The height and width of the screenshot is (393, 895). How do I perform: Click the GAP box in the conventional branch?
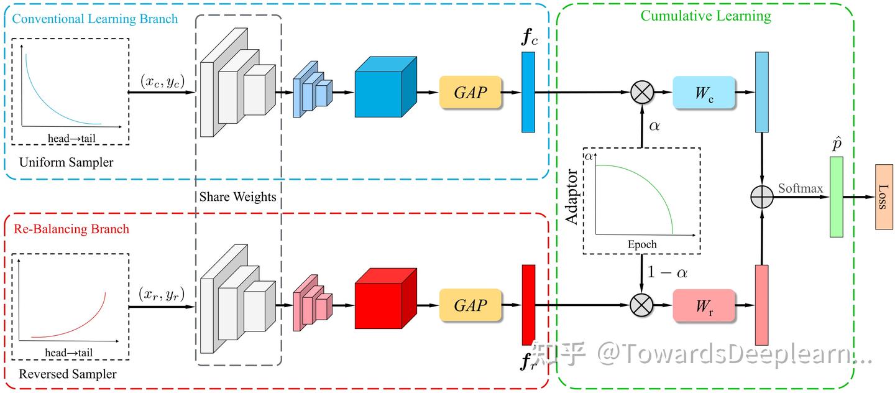(470, 93)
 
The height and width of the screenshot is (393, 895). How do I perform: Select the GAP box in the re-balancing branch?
(470, 305)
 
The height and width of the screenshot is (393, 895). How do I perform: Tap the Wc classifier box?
(704, 93)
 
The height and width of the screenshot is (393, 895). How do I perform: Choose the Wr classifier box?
(704, 305)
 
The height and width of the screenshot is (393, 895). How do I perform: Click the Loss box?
(884, 196)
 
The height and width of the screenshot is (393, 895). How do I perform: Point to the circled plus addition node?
(762, 196)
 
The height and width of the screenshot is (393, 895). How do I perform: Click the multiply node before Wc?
(642, 93)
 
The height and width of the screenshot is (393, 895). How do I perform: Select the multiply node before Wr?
(641, 305)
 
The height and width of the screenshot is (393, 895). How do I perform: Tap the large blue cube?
(385, 87)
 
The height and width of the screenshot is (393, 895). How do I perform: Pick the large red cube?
(385, 298)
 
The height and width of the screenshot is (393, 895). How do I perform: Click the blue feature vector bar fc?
(528, 92)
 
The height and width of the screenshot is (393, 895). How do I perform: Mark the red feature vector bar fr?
(528, 305)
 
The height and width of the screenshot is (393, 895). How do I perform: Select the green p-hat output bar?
(837, 196)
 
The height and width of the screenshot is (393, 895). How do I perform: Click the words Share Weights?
(237, 196)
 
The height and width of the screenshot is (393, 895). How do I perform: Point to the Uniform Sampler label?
(66, 162)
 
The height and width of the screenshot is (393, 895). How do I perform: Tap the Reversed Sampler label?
(68, 374)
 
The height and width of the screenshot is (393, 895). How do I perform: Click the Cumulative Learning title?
(706, 16)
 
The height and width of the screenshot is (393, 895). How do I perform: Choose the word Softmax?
(801, 188)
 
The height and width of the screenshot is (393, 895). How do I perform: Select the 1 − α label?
(668, 272)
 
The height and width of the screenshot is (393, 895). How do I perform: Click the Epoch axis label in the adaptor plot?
(642, 244)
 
